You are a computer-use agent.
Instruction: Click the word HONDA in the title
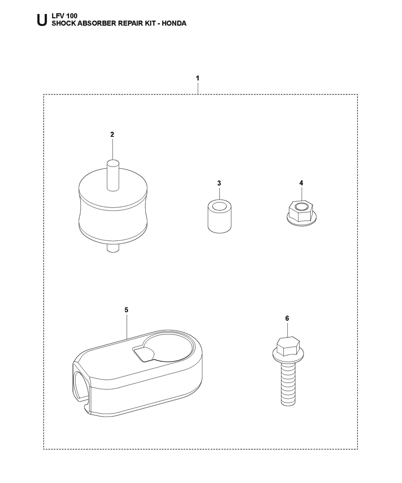point(174,23)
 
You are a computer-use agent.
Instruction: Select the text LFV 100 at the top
point(65,16)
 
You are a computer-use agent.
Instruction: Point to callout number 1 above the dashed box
point(198,78)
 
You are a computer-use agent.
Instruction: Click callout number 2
point(112,134)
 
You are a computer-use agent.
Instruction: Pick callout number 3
point(219,183)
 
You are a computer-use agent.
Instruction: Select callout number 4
point(301,183)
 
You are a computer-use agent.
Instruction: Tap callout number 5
point(126,310)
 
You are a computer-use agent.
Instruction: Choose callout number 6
point(287,318)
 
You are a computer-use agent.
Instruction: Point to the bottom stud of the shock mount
point(113,248)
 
